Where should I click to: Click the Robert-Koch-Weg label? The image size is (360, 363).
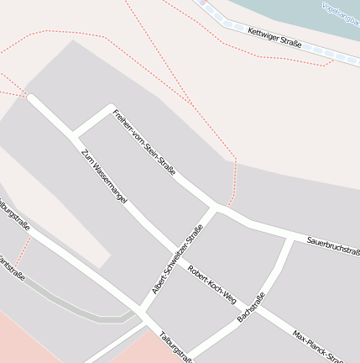point(212,285)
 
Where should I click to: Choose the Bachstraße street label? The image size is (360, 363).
point(251,307)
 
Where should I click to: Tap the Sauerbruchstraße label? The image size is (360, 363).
point(332,244)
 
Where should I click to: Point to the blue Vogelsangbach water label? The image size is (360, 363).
point(342,13)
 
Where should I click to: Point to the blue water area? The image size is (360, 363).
point(285,12)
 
